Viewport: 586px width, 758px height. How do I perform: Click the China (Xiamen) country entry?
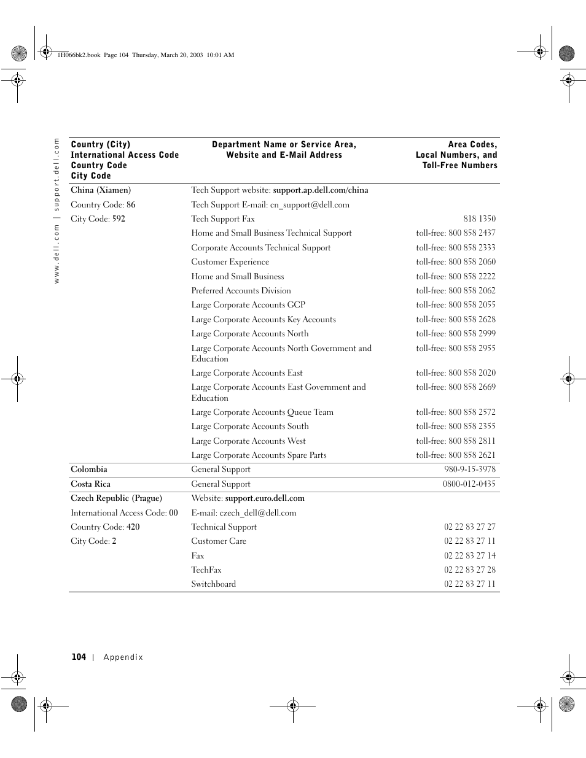(101, 190)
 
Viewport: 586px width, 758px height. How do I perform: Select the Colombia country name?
(89, 470)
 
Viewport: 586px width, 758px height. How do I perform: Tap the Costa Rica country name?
(91, 484)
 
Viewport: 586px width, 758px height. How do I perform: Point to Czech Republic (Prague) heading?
(116, 498)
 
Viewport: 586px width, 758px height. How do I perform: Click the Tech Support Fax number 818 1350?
(479, 219)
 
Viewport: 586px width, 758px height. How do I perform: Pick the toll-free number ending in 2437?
(456, 233)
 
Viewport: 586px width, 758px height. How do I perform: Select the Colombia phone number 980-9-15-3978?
(470, 470)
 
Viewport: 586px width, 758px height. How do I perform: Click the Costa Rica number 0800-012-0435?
(469, 484)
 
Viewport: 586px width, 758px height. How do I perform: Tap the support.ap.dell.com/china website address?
(321, 190)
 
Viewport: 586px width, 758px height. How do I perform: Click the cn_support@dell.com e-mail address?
(310, 205)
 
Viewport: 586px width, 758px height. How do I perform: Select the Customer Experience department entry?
(230, 262)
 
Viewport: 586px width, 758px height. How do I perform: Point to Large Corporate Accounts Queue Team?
(262, 412)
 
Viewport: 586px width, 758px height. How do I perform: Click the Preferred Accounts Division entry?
(241, 291)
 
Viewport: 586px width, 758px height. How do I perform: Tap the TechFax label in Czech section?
(206, 570)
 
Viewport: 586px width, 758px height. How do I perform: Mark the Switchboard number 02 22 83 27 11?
(470, 584)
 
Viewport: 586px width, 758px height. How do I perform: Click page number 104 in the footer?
(79, 657)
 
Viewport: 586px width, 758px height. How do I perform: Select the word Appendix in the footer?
(123, 657)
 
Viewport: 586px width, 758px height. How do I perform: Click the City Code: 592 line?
(98, 219)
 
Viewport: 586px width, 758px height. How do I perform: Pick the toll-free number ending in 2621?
(456, 455)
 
